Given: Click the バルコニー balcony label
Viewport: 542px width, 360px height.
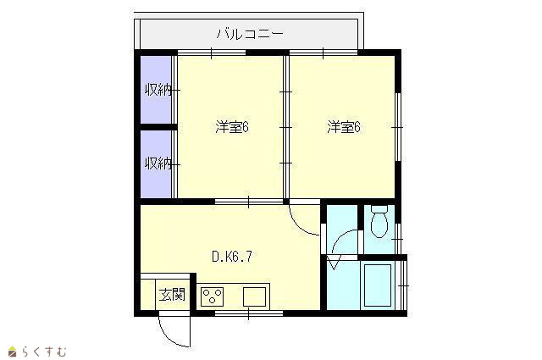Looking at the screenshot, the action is (x=250, y=34).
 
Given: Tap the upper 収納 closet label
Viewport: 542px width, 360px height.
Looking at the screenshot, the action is (x=158, y=91).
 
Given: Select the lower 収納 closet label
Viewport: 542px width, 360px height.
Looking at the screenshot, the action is (x=158, y=163).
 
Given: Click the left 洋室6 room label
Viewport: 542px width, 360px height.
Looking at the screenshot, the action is (x=232, y=127).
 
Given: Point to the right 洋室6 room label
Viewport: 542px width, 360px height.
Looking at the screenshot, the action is (x=344, y=127).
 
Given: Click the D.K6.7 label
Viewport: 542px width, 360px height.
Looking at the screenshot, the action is (x=232, y=257).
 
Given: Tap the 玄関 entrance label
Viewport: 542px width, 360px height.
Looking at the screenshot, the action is (x=172, y=294).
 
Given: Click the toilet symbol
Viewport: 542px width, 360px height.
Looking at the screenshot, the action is (x=379, y=222).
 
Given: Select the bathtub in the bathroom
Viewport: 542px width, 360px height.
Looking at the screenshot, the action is (x=377, y=285).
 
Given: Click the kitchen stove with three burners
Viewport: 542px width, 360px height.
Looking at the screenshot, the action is (x=212, y=296).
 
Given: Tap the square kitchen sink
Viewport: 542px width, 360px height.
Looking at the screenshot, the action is (x=254, y=296).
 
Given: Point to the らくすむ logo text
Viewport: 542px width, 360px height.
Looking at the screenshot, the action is (x=44, y=352).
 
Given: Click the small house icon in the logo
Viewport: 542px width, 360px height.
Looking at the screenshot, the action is (x=13, y=352).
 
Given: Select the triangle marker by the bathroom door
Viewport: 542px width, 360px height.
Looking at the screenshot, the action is (x=335, y=263).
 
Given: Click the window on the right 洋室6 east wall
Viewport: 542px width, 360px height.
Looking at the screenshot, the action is (x=398, y=127).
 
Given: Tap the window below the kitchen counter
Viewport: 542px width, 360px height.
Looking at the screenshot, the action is (x=248, y=313).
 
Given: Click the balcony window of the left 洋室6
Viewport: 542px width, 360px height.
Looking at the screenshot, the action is (x=211, y=53).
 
